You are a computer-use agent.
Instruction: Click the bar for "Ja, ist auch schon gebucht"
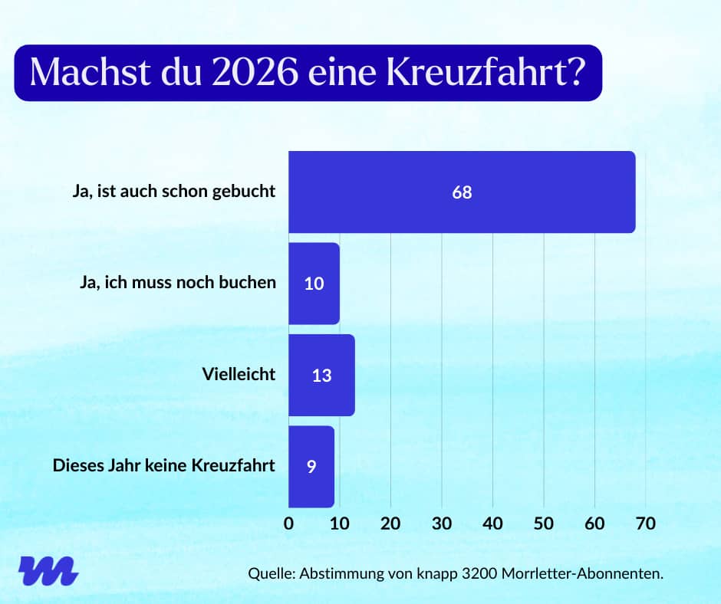[460, 192]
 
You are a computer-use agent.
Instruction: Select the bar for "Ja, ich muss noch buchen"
[314, 284]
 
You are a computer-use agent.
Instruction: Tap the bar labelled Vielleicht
[321, 376]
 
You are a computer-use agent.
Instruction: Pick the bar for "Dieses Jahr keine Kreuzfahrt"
[311, 466]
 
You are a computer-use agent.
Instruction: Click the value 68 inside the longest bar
[462, 192]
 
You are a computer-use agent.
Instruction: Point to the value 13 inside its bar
[322, 376]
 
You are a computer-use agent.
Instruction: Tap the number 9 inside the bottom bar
[311, 466]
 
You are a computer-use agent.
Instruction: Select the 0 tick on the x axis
[289, 524]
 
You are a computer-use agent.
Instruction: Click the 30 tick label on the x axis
[442, 524]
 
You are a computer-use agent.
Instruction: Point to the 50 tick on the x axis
[544, 524]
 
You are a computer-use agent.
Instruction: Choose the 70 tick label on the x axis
[645, 524]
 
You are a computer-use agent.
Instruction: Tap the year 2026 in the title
[255, 72]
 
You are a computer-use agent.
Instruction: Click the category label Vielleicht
[239, 375]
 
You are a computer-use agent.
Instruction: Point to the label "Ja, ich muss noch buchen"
[177, 283]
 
